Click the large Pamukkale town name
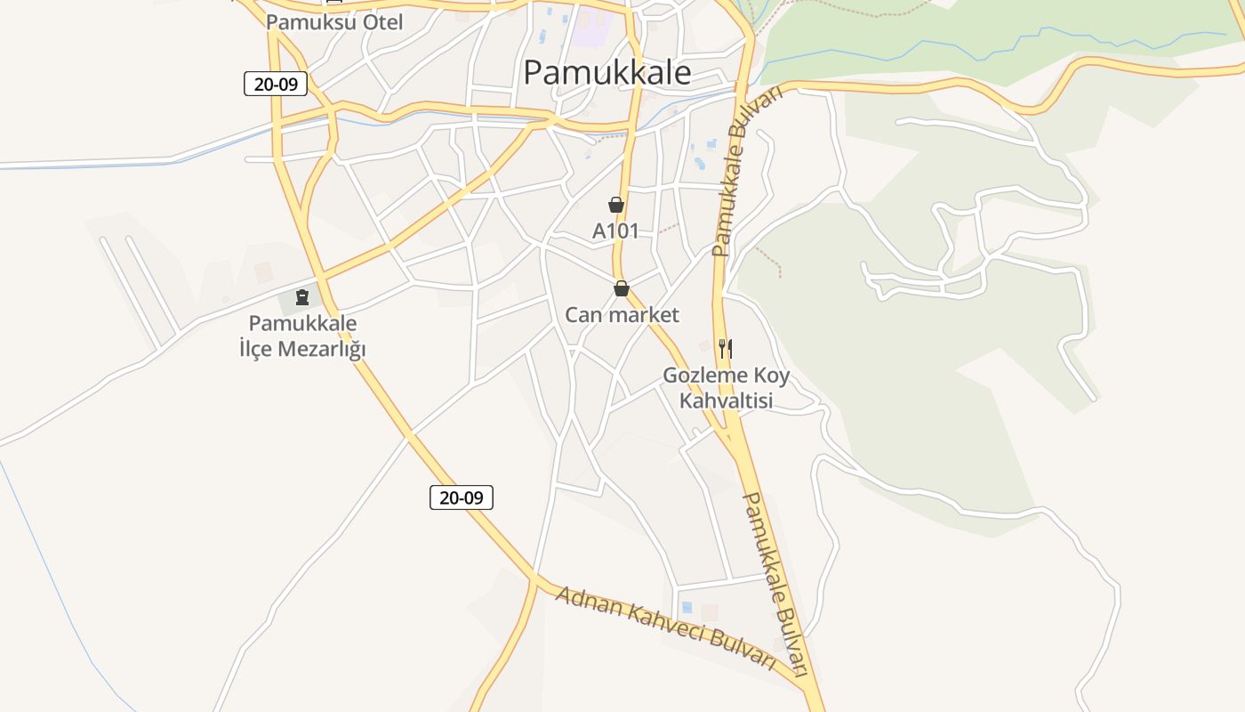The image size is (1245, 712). click(x=606, y=72)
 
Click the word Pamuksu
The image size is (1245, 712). click(x=308, y=22)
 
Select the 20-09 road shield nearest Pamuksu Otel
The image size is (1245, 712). click(x=276, y=85)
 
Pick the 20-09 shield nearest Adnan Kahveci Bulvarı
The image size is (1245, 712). click(x=461, y=498)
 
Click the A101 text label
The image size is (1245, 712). click(x=615, y=231)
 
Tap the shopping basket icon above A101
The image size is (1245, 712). click(x=616, y=206)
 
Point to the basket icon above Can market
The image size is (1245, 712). click(x=622, y=289)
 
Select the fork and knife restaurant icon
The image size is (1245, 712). click(x=726, y=348)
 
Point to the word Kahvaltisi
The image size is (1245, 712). click(x=726, y=401)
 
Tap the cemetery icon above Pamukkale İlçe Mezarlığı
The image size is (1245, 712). click(x=302, y=296)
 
